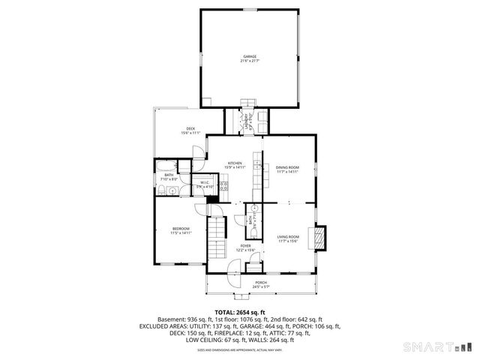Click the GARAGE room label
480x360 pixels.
coord(249,56)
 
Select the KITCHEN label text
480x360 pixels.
coord(235,163)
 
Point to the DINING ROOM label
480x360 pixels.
coord(286,167)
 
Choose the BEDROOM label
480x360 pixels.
coord(181,228)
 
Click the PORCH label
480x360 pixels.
coord(259,282)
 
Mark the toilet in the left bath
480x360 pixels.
coord(162,193)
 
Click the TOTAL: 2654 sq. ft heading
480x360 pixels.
coord(240,312)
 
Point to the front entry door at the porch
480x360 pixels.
coord(235,265)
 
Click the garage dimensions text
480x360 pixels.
coord(249,61)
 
